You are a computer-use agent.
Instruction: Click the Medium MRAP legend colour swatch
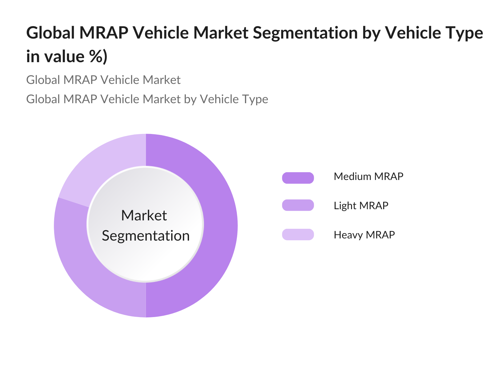coord(298,178)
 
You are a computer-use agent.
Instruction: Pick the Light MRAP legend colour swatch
coord(298,205)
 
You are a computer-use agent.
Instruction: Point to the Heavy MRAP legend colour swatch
coord(298,234)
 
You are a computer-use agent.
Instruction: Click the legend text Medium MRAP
coord(369,177)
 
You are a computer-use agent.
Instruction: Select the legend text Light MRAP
coord(361,206)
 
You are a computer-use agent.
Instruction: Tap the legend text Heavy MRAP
coord(364,235)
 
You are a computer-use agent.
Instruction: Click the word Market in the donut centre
coord(144,215)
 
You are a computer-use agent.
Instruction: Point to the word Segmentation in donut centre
coord(146,236)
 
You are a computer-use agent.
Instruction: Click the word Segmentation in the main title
coord(305,33)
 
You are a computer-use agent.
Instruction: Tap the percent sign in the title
coord(96,57)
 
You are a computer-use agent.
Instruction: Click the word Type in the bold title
coord(465,33)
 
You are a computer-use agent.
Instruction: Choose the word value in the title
coord(64,57)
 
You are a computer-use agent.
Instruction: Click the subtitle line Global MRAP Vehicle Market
coord(103,80)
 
